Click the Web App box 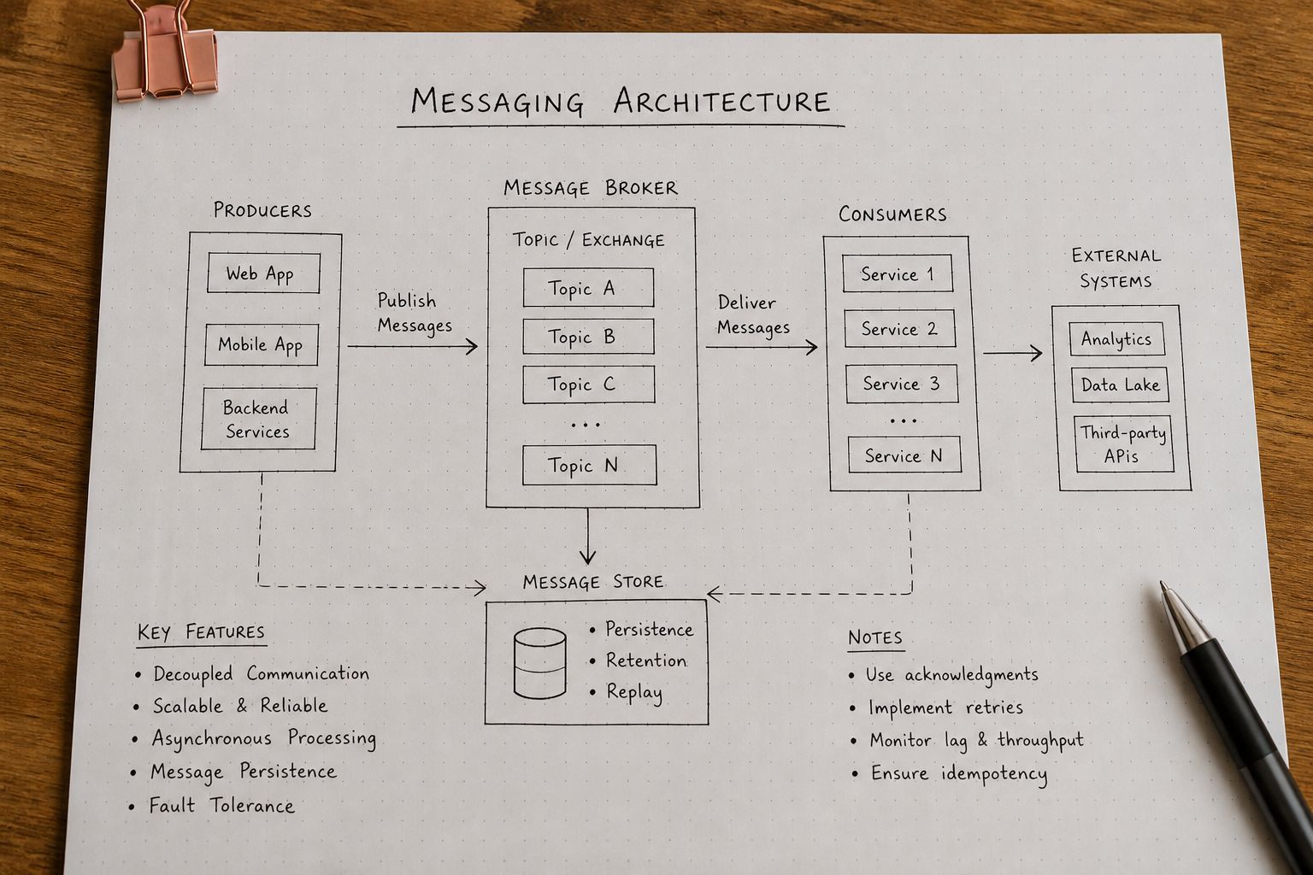(264, 273)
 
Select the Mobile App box (262, 344)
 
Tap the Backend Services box (258, 419)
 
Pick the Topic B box (588, 337)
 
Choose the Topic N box (589, 465)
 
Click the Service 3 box (902, 384)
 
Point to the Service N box (904, 455)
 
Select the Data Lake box (1120, 385)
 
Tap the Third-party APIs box (1124, 444)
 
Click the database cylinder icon (539, 663)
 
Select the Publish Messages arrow (413, 346)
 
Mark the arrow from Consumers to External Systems (1012, 353)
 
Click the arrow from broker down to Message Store (587, 536)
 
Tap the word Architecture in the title (721, 102)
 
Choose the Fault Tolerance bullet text (221, 805)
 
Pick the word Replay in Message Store (634, 692)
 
